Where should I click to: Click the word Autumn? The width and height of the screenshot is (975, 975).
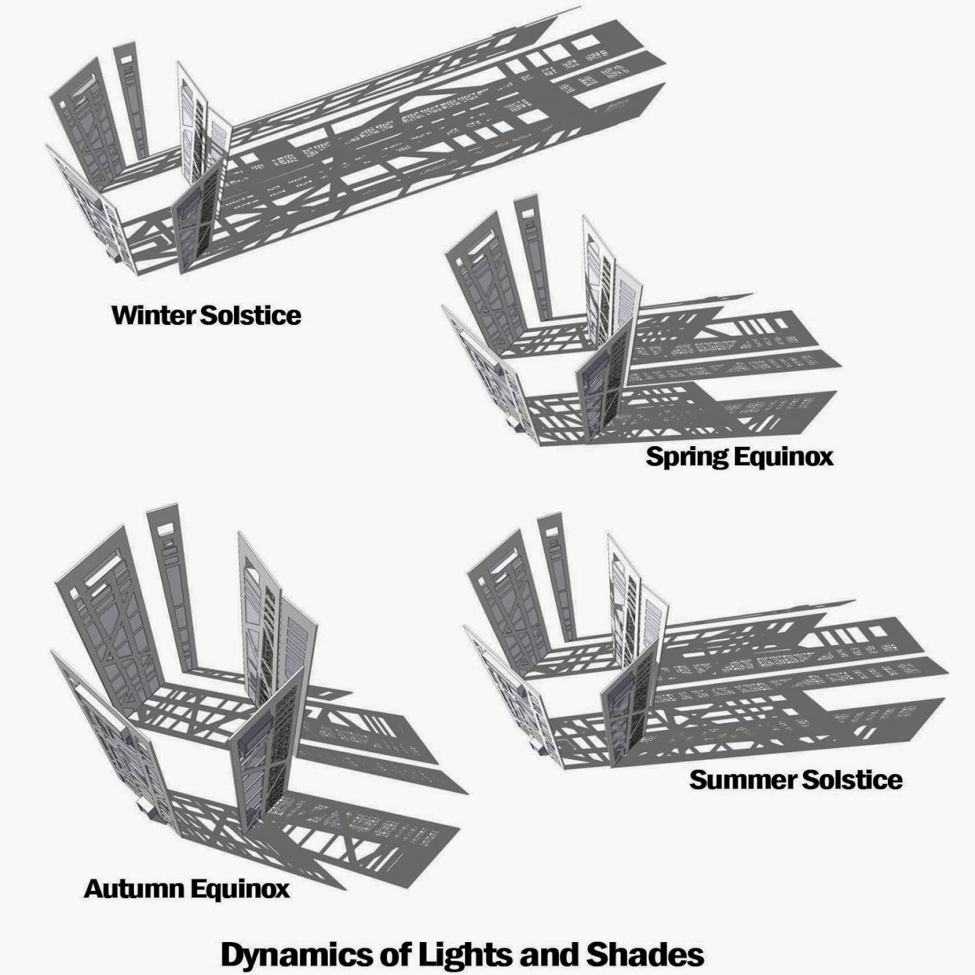click(134, 889)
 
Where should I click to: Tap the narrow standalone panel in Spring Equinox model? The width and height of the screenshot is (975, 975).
click(532, 256)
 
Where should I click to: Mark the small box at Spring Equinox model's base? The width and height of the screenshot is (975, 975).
click(511, 423)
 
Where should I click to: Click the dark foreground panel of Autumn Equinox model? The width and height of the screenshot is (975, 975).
click(263, 753)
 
